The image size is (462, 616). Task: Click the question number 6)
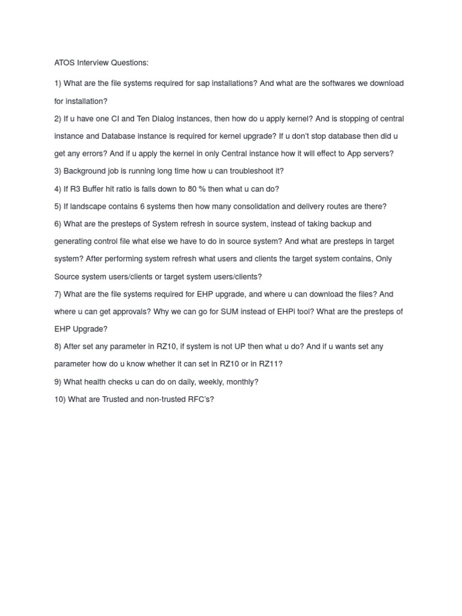pyautogui.click(x=58, y=224)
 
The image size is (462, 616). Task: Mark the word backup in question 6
pyautogui.click(x=341, y=224)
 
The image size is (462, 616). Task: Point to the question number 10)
pyautogui.click(x=60, y=399)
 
